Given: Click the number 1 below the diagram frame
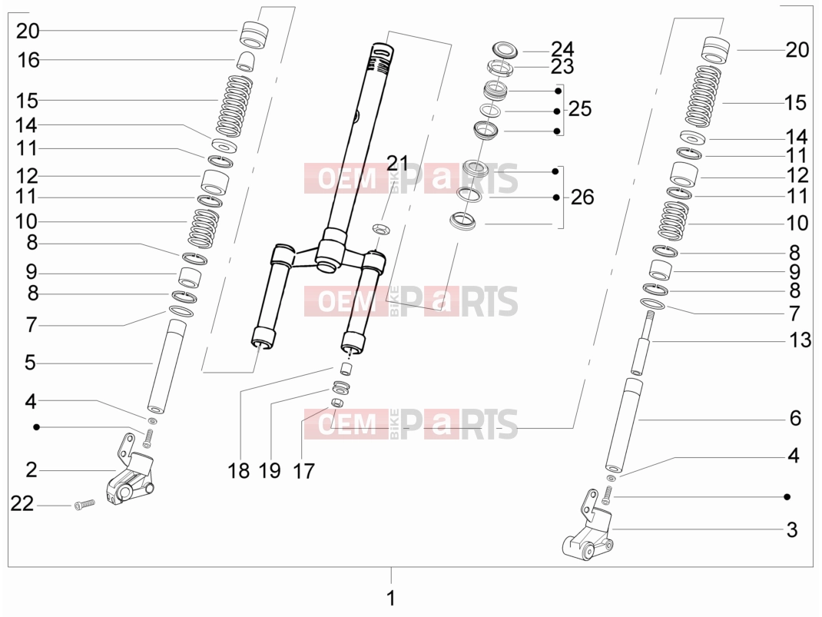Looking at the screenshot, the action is coord(390,598).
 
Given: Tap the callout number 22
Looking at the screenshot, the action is coord(22,504).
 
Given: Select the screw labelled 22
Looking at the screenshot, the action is coord(84,504).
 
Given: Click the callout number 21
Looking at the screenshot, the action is coord(397,164).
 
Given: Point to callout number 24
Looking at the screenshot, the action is coord(562,48).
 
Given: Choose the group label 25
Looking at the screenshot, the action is coord(580,109).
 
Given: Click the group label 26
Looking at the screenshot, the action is coord(582,197).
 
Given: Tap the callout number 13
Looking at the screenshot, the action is coord(800,340).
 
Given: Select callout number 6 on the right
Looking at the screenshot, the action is coord(795,418).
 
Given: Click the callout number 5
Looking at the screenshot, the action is coord(31,363).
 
